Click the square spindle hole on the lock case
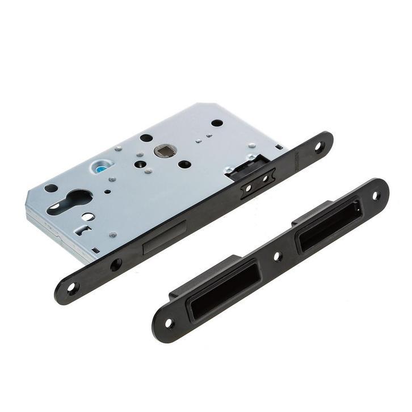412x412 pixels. click(165, 150)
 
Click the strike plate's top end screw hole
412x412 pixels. click(376, 196)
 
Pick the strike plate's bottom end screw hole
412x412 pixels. click(169, 323)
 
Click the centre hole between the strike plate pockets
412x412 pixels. click(277, 257)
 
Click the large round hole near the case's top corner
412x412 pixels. click(217, 123)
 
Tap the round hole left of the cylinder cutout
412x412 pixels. click(51, 188)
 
